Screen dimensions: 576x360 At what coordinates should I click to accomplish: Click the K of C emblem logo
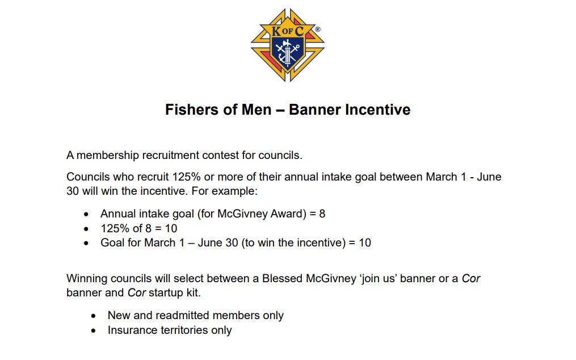288,45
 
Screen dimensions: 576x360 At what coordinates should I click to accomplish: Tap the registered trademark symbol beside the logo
318,30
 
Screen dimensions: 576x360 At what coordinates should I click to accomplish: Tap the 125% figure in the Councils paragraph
186,177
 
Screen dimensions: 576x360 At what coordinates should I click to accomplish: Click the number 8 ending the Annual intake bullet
322,214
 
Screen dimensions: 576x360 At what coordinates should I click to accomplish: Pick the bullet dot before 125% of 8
86,229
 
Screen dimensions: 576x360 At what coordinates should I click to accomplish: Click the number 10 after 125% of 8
171,228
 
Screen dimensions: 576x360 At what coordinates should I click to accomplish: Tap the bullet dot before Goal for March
86,243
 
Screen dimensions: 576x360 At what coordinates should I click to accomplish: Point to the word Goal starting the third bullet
112,242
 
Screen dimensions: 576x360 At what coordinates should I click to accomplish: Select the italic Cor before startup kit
137,292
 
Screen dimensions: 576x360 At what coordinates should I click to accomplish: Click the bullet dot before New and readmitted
93,316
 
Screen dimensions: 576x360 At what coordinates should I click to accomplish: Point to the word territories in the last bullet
184,330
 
